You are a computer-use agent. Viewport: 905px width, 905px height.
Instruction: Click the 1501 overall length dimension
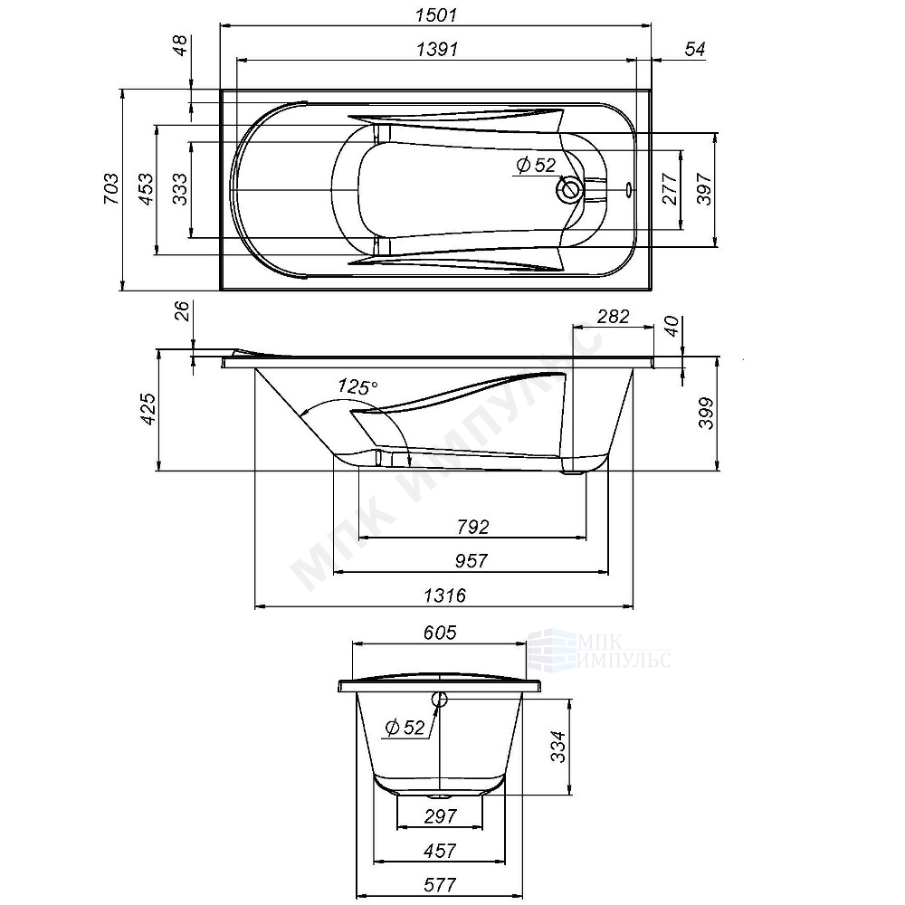pyautogui.click(x=436, y=14)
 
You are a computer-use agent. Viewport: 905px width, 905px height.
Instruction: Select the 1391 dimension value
pyautogui.click(x=437, y=49)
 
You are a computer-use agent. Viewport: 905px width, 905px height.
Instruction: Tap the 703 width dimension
pyautogui.click(x=110, y=188)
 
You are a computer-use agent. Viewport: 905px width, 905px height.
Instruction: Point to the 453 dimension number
pyautogui.click(x=146, y=189)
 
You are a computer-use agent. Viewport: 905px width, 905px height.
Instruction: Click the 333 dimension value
pyautogui.click(x=179, y=189)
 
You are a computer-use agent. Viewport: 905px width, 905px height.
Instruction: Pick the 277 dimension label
pyautogui.click(x=670, y=189)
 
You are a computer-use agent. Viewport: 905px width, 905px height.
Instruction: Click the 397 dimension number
pyautogui.click(x=705, y=189)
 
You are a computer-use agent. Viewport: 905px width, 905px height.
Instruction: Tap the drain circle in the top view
pyautogui.click(x=569, y=189)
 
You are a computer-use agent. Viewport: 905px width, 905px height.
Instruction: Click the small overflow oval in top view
pyautogui.click(x=629, y=188)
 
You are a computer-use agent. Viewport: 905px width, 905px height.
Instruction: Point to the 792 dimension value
pyautogui.click(x=472, y=527)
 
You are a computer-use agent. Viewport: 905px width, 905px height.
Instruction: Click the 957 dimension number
pyautogui.click(x=472, y=560)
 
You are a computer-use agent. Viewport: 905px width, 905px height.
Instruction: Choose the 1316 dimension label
pyautogui.click(x=444, y=595)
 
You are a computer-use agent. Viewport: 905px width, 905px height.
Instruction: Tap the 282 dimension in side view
pyautogui.click(x=613, y=316)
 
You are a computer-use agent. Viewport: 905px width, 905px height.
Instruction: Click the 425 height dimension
pyautogui.click(x=148, y=409)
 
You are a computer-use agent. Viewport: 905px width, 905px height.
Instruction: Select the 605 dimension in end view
pyautogui.click(x=440, y=633)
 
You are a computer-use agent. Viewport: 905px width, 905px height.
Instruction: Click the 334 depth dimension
pyautogui.click(x=558, y=747)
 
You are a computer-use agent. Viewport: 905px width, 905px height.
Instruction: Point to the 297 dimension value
pyautogui.click(x=441, y=816)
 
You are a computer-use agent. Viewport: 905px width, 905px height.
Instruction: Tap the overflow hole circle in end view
pyautogui.click(x=439, y=700)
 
